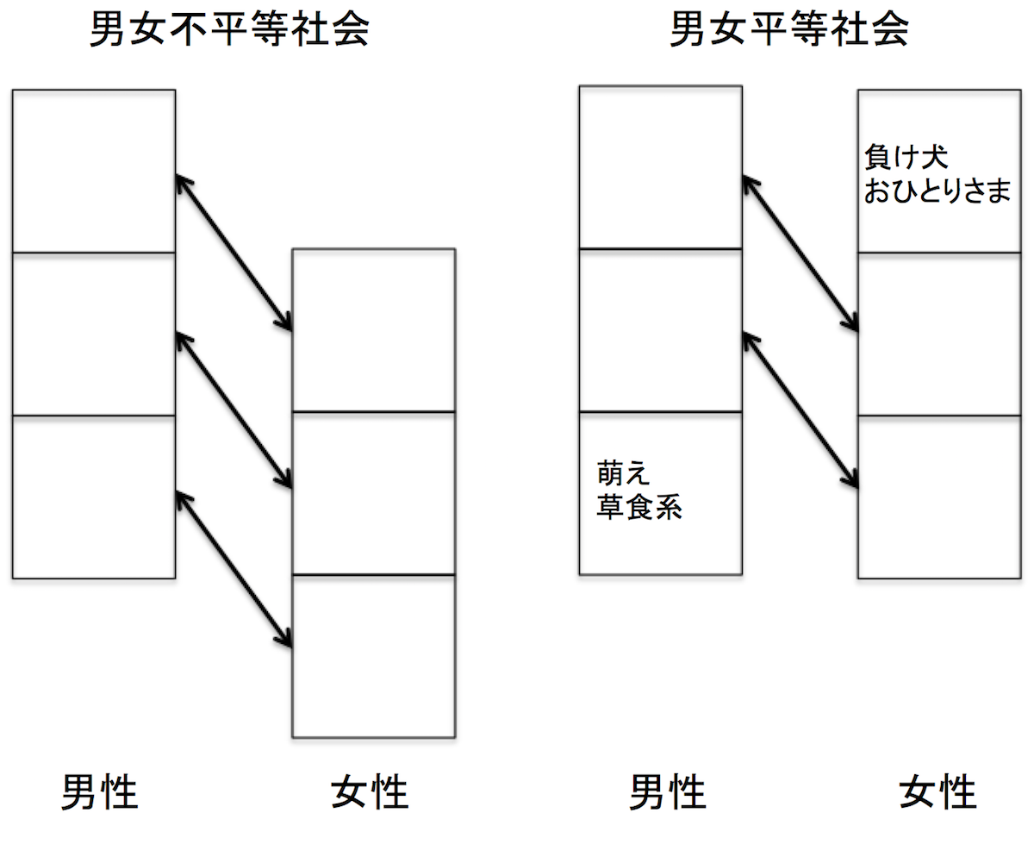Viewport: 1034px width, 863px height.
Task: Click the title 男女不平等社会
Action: [x=229, y=32]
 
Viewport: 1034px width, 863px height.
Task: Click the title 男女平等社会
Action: [x=788, y=32]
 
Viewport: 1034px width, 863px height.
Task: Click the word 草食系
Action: [x=639, y=507]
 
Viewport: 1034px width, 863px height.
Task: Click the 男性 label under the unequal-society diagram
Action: [x=99, y=791]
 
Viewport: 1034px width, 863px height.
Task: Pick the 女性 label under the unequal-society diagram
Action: [x=370, y=791]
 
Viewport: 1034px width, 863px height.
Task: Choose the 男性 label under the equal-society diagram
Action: [x=668, y=791]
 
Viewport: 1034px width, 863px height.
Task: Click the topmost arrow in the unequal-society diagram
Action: [x=234, y=253]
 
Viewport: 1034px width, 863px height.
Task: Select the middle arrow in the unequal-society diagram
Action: [x=234, y=410]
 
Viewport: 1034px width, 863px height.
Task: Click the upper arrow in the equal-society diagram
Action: [x=800, y=253]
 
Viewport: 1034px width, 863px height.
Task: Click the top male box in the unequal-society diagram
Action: [x=94, y=171]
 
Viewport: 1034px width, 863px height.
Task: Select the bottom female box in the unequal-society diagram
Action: [x=373, y=655]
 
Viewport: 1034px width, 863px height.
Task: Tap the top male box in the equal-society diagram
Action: [x=660, y=167]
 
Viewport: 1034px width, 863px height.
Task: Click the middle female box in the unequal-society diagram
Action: [x=373, y=492]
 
